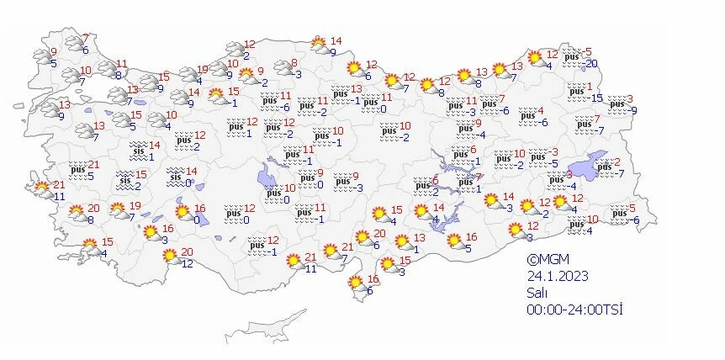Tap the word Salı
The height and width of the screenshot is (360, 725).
[x=537, y=293]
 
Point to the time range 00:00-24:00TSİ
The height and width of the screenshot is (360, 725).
[x=574, y=309]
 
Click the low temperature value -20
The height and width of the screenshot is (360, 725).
[x=592, y=64]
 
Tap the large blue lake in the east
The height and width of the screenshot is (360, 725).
[x=589, y=164]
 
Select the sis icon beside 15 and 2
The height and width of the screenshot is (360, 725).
[x=124, y=180]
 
